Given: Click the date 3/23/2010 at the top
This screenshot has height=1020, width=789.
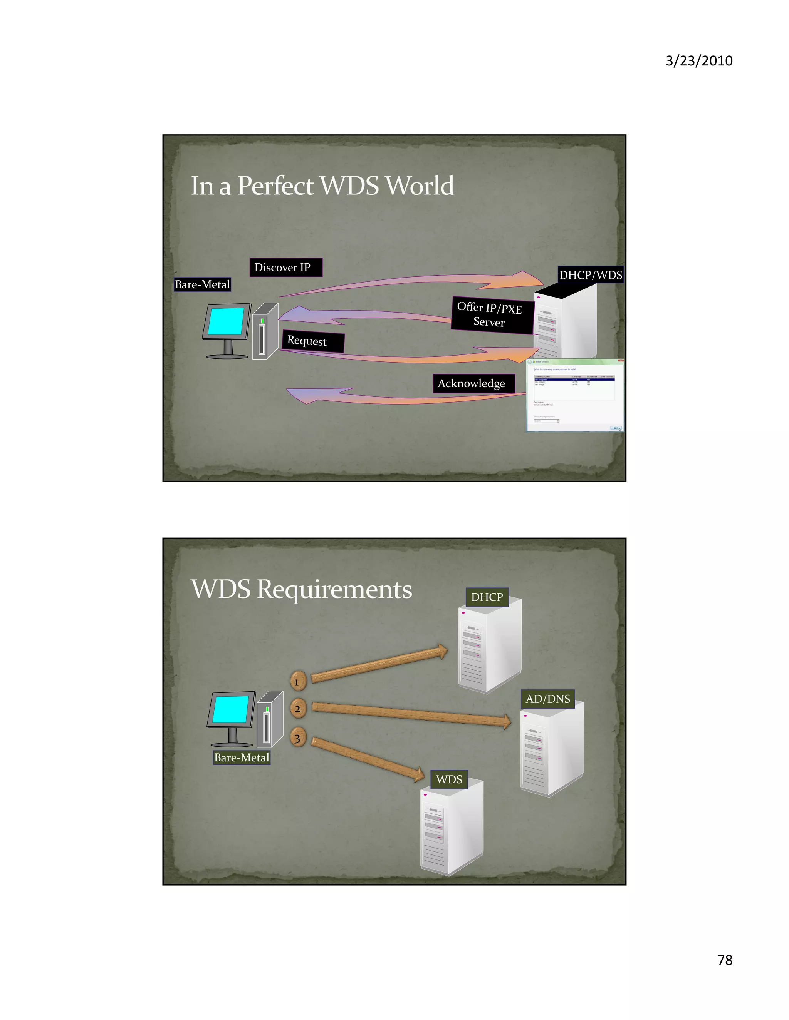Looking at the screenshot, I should pyautogui.click(x=699, y=61).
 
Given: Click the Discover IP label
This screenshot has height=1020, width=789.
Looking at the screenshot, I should pyautogui.click(x=285, y=268).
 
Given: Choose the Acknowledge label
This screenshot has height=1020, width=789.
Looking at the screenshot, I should pyautogui.click(x=473, y=383).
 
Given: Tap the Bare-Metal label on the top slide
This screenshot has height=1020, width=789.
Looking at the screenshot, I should pyautogui.click(x=202, y=284).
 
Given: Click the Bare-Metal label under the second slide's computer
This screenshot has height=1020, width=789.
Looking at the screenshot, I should pyautogui.click(x=242, y=757).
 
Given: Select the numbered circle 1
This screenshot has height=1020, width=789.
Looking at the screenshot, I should pyautogui.click(x=298, y=681).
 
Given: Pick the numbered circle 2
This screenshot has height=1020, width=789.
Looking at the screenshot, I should pyautogui.click(x=298, y=709).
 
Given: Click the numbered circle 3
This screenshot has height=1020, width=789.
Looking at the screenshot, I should pyautogui.click(x=298, y=738).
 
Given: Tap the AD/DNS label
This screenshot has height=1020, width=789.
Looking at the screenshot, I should pyautogui.click(x=547, y=699).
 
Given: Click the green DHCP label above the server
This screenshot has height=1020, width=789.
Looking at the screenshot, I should pyautogui.click(x=487, y=597).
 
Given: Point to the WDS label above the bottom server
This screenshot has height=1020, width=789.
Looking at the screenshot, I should pyautogui.click(x=449, y=779).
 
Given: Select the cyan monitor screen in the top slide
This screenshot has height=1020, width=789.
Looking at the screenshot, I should pyautogui.click(x=226, y=321).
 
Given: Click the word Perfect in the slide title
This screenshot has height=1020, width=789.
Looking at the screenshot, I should pyautogui.click(x=275, y=186).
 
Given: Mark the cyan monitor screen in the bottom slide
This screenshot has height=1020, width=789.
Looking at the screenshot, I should pyautogui.click(x=231, y=709).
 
